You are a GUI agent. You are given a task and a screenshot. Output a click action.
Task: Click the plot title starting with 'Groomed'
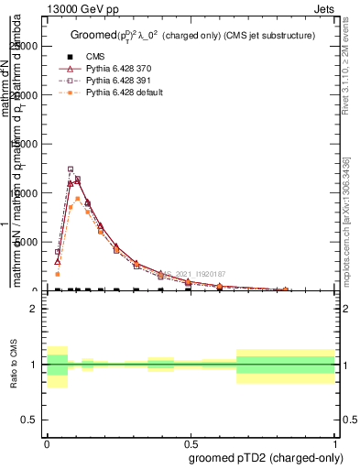(192, 36)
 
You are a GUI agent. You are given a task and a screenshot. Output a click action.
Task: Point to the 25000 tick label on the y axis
(24, 46)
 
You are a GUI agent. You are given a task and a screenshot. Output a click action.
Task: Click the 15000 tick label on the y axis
(24, 144)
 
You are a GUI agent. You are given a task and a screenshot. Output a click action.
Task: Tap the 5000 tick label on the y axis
(27, 242)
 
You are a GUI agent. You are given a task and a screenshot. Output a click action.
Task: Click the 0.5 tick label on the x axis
(191, 442)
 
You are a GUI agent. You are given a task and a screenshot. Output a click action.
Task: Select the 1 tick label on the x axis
(334, 442)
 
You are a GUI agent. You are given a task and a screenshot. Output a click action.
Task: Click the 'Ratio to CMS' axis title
(13, 365)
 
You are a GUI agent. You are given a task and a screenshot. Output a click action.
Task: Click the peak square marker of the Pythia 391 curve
(71, 169)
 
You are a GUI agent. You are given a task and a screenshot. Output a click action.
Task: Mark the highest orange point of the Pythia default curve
(78, 199)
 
